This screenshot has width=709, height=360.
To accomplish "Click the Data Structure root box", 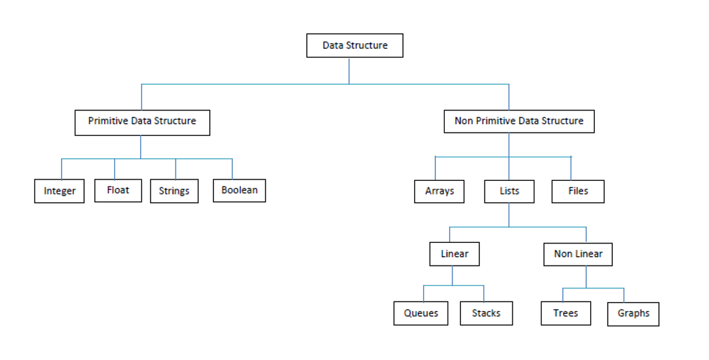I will click(354, 46).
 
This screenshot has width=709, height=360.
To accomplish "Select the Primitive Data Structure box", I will click(142, 122).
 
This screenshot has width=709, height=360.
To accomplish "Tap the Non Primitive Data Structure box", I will click(519, 121).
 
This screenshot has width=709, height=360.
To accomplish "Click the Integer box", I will click(59, 191).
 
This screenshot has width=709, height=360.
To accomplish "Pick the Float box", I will click(118, 190).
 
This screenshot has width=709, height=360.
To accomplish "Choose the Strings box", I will click(174, 191).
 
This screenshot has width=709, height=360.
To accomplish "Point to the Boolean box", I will click(239, 190).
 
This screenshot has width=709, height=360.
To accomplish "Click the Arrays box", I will click(439, 191).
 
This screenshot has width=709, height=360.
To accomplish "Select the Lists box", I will click(509, 191).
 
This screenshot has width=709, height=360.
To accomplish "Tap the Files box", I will click(578, 191).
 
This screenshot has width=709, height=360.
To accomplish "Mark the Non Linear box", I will click(578, 254).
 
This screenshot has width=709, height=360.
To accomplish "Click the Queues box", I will click(421, 313).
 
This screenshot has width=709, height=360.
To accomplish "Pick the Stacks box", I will click(486, 313).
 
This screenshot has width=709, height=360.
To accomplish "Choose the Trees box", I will click(565, 313).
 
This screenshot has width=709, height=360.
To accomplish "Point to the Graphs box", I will click(633, 313).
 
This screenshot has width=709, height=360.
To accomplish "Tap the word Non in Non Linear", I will click(563, 254).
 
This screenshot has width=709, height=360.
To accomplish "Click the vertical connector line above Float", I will click(115, 168).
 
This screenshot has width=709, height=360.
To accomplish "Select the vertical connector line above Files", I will click(571, 168).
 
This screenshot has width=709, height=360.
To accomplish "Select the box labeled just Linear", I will click(454, 254).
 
